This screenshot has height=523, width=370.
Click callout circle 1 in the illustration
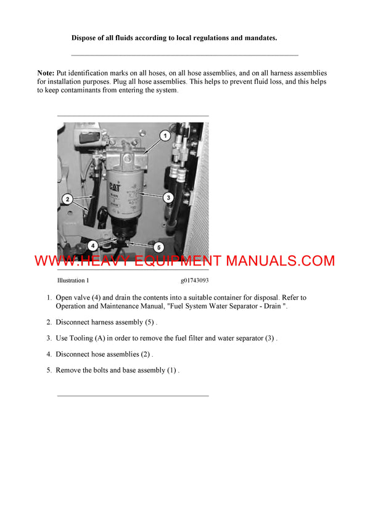pos(165,134)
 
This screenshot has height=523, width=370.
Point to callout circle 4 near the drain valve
pos(91,245)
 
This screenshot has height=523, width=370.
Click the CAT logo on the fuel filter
pos(115,186)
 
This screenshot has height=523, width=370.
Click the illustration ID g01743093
pos(195,280)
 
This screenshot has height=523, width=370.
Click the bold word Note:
pos(46,73)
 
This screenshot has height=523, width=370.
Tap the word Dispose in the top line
pos(84,38)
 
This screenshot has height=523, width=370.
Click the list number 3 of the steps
pos(49,338)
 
